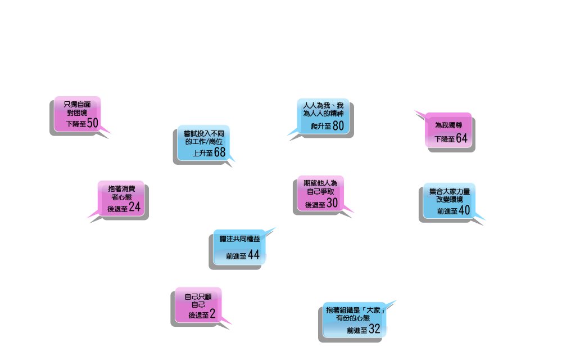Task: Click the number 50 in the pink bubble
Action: point(93,123)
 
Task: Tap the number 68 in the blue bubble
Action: point(219,152)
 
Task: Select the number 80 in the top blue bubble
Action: point(338,125)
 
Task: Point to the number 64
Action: point(461,138)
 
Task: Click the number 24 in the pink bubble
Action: point(134,207)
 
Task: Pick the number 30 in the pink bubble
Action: point(332,204)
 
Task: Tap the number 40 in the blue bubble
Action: point(464,210)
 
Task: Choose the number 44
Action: point(253,255)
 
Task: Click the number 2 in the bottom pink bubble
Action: point(212,314)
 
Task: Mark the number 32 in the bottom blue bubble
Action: point(374,329)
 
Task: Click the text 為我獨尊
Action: point(448,125)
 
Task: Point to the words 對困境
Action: point(78,112)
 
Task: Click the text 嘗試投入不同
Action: point(203,133)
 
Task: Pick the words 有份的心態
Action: point(355,318)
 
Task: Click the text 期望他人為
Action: point(320,183)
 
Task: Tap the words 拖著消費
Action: point(121,188)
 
